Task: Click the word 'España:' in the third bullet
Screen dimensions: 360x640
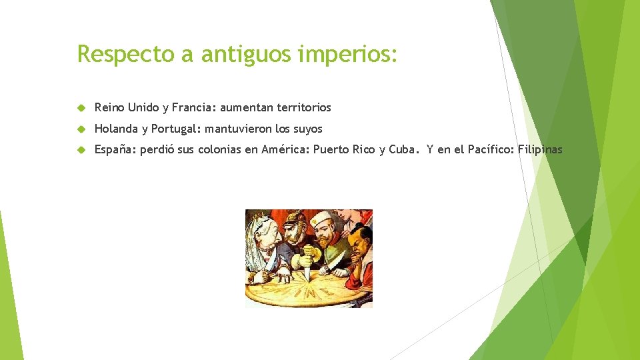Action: point(115,150)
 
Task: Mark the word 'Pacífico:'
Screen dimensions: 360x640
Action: point(491,150)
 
